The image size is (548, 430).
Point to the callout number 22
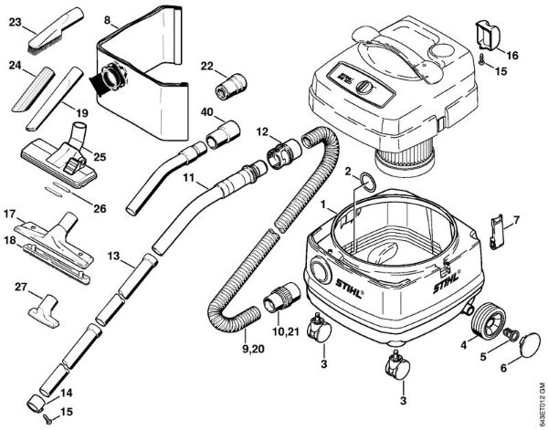pos(206,66)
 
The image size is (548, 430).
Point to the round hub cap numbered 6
pos(528,347)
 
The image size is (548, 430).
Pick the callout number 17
pos(10,214)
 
